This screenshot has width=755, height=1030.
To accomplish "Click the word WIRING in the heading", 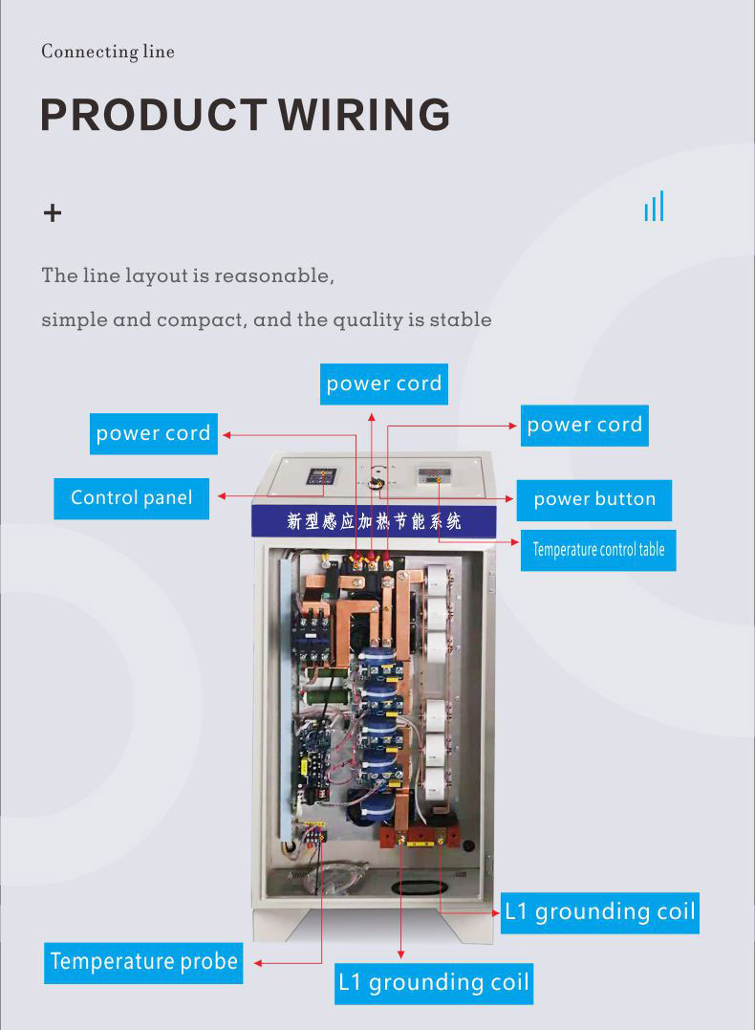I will coord(364,115).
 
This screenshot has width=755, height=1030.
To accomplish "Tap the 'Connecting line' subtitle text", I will coord(108,52).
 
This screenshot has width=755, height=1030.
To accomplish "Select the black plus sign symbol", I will coord(53,212).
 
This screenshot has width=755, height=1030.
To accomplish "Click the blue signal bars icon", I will coord(654,207).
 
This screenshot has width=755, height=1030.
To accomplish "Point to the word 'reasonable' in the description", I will coord(273,276).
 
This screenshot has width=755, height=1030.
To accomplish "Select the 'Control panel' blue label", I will coord(131,498).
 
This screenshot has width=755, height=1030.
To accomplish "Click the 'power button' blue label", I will coord(594,499).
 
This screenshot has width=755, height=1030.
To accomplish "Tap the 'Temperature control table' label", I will coord(598,550).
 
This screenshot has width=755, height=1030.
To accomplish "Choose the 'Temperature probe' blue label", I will coord(143,961).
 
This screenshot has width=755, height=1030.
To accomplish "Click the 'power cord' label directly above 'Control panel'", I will coord(153,433).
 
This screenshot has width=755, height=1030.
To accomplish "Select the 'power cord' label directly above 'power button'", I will coord(585,425).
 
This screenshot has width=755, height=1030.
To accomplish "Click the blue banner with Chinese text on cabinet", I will coord(374,521).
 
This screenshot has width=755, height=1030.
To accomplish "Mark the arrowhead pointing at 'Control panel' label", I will coord(222,496).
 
